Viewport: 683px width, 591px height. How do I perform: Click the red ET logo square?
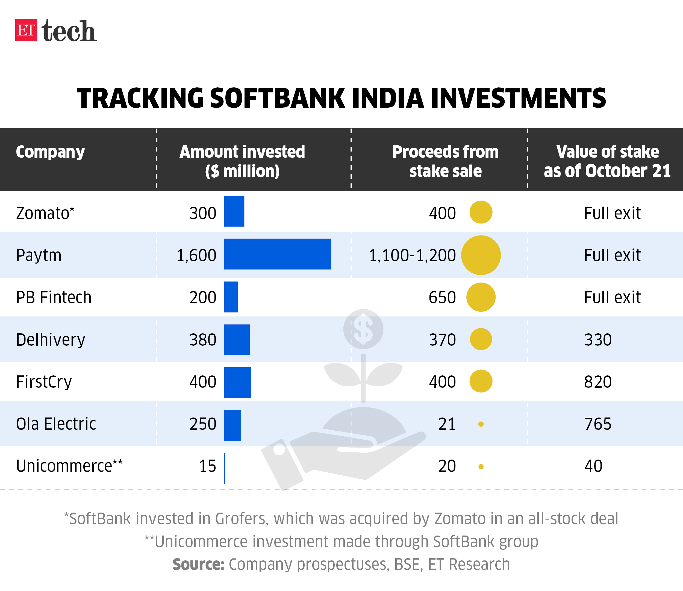click(26, 30)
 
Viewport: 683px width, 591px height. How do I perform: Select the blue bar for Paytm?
click(277, 254)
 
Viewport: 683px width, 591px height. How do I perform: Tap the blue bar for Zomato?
click(234, 211)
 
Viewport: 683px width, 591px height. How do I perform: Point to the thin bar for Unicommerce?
click(225, 468)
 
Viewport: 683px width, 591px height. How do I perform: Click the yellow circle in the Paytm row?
click(481, 255)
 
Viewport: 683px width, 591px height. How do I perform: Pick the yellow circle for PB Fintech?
click(481, 297)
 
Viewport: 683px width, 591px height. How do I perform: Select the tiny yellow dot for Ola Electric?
click(481, 424)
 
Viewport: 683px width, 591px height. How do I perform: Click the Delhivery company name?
click(51, 340)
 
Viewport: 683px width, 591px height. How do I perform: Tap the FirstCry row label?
click(44, 382)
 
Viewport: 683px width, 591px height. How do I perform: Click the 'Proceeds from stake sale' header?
click(445, 161)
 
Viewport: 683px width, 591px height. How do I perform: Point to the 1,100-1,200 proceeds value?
click(412, 255)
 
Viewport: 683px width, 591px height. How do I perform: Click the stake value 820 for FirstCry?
click(597, 382)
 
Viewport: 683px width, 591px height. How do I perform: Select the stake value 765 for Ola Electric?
click(597, 424)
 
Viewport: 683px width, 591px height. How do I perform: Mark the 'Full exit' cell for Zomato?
click(612, 213)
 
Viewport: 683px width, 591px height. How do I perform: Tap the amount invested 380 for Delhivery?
click(202, 340)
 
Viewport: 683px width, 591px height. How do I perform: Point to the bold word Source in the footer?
click(198, 564)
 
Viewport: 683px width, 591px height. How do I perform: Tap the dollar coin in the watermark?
click(363, 329)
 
